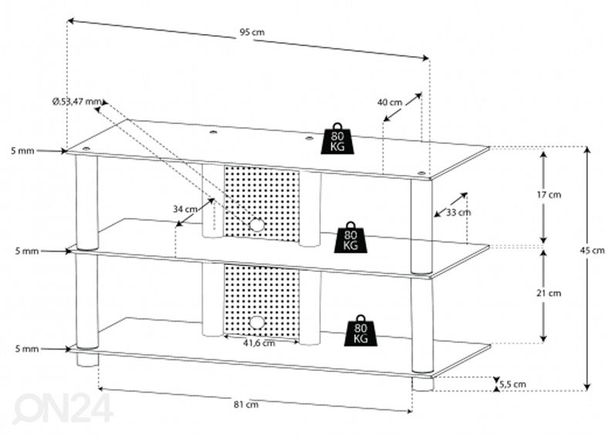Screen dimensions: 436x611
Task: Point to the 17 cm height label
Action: (x=549, y=195)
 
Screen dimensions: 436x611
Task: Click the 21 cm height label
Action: (x=549, y=293)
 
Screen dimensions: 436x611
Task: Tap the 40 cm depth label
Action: (x=390, y=102)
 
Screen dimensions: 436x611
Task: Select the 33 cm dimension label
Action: (x=458, y=213)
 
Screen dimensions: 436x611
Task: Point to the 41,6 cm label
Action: (x=258, y=344)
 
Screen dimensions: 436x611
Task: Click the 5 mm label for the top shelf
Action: (x=23, y=152)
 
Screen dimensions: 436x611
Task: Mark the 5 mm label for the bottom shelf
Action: (x=23, y=349)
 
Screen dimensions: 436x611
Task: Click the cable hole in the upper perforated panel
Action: (x=255, y=225)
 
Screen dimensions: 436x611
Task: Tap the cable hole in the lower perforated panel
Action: (x=255, y=322)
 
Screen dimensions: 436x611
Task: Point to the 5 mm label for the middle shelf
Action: (x=23, y=250)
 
